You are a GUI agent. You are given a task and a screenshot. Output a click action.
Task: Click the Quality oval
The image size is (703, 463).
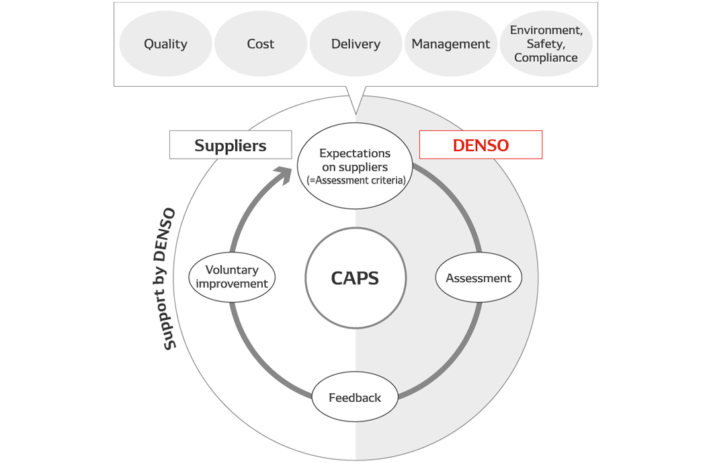(x=165, y=44)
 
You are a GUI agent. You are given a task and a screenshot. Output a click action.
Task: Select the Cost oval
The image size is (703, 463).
(x=260, y=44)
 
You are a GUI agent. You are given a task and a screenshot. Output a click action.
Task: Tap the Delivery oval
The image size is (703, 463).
(x=356, y=44)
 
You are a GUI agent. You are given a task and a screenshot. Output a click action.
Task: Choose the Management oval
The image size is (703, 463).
(x=450, y=44)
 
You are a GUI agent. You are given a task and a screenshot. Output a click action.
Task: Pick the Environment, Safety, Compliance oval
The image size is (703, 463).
(x=546, y=44)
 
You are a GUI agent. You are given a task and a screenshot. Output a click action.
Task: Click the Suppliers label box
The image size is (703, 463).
(x=231, y=145)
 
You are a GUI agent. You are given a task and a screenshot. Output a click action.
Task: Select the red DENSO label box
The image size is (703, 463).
(x=481, y=145)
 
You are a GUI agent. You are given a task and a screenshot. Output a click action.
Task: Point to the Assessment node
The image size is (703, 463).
(x=478, y=278)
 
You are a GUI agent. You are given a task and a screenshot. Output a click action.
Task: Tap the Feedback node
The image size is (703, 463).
(x=355, y=398)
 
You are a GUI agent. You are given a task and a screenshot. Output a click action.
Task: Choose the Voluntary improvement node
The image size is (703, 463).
(x=232, y=277)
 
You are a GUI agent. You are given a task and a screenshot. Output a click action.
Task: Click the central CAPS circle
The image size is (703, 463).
(x=355, y=278)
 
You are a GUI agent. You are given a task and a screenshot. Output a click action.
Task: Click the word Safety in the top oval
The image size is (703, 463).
(x=545, y=44)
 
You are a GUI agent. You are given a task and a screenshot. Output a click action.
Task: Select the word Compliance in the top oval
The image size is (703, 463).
(x=546, y=58)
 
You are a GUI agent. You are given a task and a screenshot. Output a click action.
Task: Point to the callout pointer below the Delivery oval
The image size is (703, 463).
(x=356, y=99)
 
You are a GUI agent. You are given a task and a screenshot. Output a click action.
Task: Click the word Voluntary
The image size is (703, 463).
(x=232, y=270)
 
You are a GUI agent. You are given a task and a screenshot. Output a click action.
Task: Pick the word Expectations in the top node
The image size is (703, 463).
(x=355, y=153)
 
